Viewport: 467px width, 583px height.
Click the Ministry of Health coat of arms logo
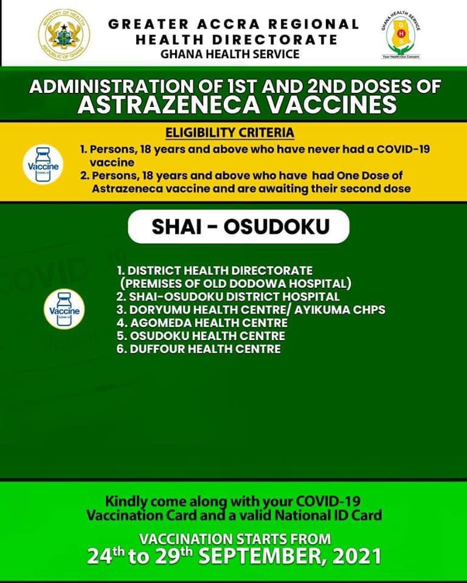[63, 33]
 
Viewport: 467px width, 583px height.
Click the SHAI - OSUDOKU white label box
[240, 227]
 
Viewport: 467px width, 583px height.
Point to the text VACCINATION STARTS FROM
[235, 539]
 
